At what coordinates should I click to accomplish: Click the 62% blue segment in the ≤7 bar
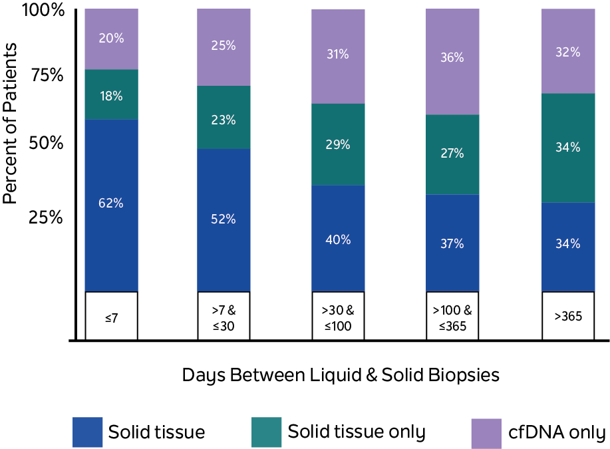click(x=111, y=204)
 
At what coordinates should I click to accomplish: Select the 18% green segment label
click(x=111, y=96)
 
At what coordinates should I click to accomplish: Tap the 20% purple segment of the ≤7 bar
click(x=111, y=39)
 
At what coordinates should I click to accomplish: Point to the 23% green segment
click(x=224, y=120)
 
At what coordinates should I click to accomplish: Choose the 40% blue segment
click(x=338, y=239)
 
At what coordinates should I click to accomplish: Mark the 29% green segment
click(x=338, y=144)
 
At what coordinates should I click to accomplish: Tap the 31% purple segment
click(x=338, y=55)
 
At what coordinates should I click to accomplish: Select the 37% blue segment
click(x=452, y=243)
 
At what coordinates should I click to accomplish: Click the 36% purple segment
click(x=452, y=58)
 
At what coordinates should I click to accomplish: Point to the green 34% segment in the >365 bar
click(x=568, y=148)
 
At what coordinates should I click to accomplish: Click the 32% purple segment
click(x=568, y=51)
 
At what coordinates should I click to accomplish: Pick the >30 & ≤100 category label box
click(x=338, y=316)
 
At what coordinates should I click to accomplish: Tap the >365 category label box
click(x=568, y=316)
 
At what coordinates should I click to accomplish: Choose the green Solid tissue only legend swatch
click(x=266, y=432)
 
